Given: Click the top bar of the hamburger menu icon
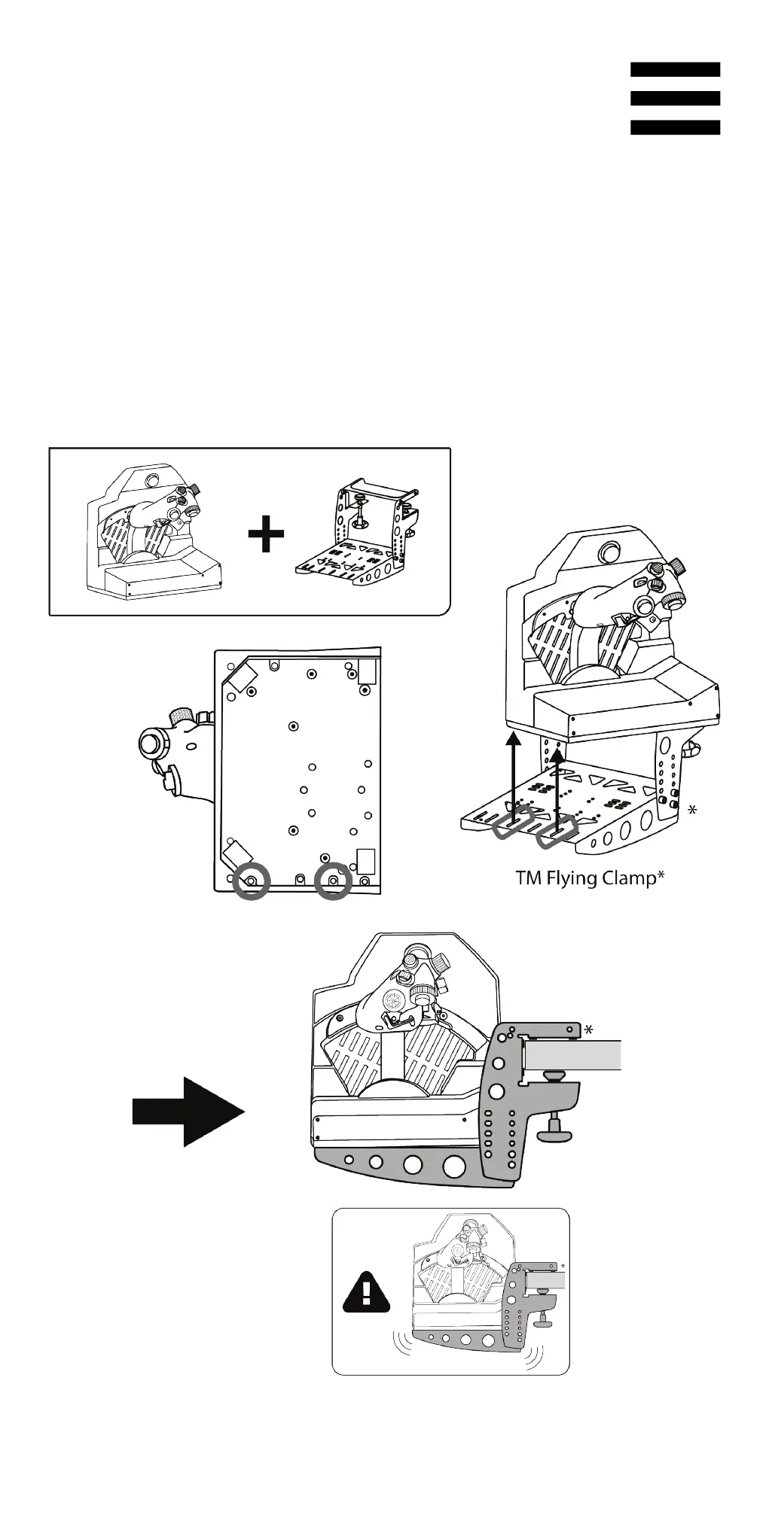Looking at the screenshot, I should [675, 70].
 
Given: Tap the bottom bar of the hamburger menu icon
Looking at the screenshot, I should [675, 127].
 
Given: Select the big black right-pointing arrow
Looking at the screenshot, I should [188, 1111].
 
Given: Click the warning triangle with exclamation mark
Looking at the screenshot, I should [367, 1292].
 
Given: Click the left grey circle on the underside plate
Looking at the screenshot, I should [252, 880].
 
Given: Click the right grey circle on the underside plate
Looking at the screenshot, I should [333, 880].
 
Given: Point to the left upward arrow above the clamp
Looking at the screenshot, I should [514, 771].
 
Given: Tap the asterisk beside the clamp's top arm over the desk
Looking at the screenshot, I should [589, 1029].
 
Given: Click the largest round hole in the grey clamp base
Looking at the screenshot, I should [454, 1166].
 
